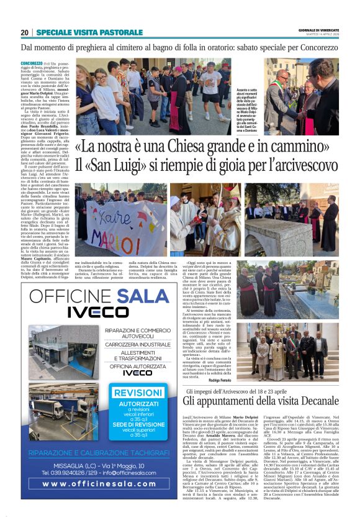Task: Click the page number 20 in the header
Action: (25, 33)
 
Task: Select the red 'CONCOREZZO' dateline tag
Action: (32, 63)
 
